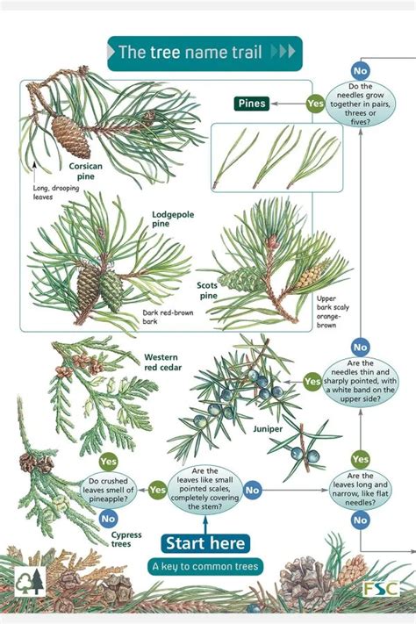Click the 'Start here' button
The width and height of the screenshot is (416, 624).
pyautogui.click(x=204, y=543)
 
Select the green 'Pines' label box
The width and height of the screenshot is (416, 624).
pyautogui.click(x=252, y=104)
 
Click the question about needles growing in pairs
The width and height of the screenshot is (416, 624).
pyautogui.click(x=360, y=104)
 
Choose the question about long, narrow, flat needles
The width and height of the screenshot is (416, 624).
pyautogui.click(x=361, y=490)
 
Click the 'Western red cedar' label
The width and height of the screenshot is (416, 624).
pyautogui.click(x=162, y=363)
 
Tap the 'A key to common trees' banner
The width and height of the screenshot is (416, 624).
pyautogui.click(x=204, y=566)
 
